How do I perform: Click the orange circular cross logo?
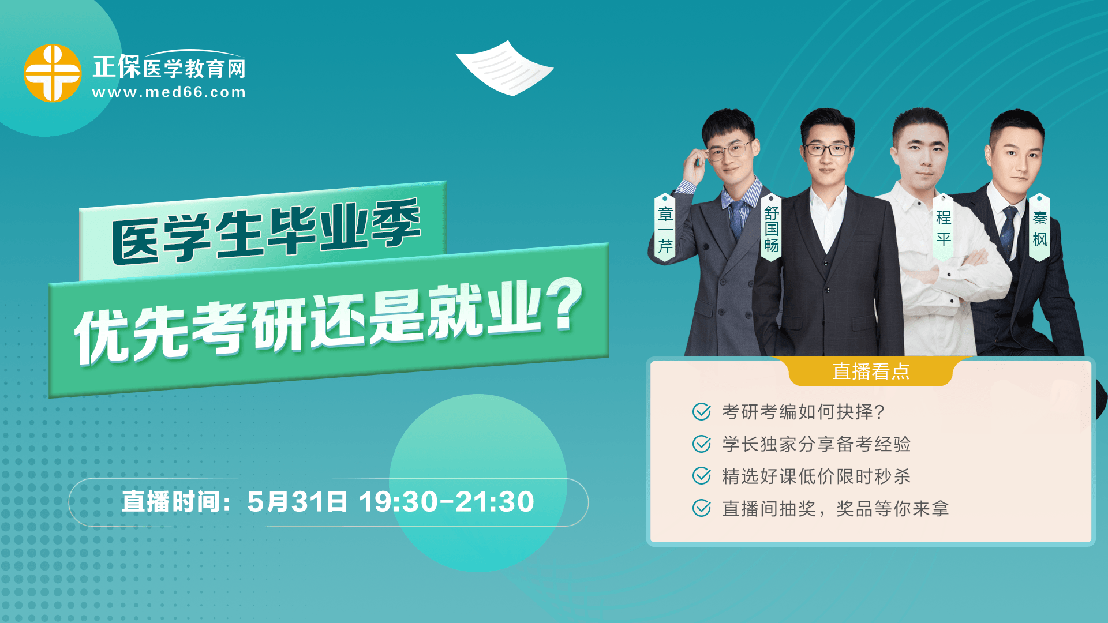point(53,73)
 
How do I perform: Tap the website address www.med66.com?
point(169,92)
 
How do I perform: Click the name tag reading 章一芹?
point(665,227)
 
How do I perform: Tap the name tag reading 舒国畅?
point(772,227)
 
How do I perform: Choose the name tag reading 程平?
point(944,227)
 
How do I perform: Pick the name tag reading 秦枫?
point(1039,227)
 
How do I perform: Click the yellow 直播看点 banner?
point(871,371)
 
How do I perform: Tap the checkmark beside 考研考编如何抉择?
point(702,412)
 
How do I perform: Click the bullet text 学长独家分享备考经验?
point(816,444)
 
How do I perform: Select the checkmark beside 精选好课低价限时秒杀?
point(702,476)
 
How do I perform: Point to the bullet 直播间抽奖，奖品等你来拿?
point(835,509)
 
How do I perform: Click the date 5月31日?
point(297,502)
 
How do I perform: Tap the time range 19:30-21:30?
point(446,502)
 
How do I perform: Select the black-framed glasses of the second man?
point(827,150)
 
